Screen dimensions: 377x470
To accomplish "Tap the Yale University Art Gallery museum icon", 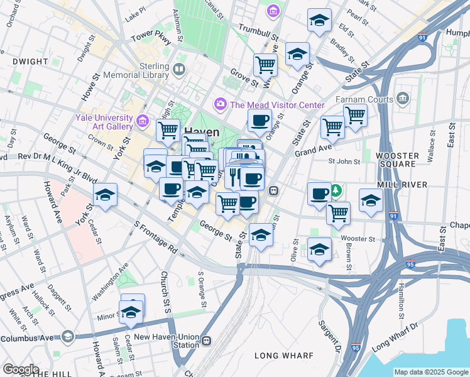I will click(x=142, y=120).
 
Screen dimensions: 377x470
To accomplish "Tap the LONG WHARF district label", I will click(x=283, y=356).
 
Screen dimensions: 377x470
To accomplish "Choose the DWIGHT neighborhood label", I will click(x=30, y=62).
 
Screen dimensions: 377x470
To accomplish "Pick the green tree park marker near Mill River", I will click(x=337, y=190).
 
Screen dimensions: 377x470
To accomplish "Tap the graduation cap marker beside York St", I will click(x=106, y=196).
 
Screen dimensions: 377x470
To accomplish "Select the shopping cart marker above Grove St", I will click(x=266, y=64).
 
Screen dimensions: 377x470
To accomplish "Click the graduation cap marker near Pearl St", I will click(x=319, y=21).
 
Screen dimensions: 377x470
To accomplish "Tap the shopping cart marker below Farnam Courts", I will click(x=355, y=116).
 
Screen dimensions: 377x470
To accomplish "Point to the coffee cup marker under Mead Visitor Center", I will click(x=259, y=120).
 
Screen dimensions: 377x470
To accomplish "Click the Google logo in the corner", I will click(x=20, y=369).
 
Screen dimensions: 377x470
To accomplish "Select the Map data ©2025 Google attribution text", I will click(x=430, y=372).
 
